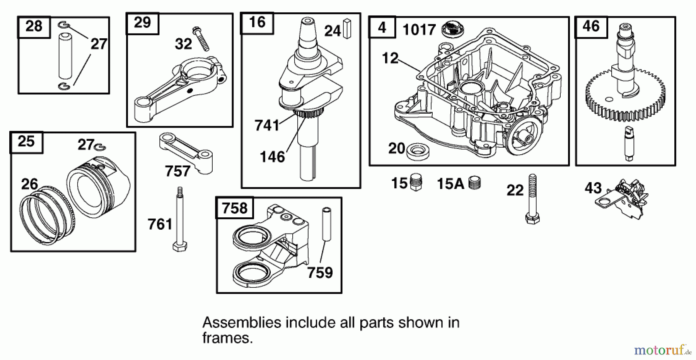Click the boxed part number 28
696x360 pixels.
coord(34,27)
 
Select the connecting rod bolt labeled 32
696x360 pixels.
coord(201,39)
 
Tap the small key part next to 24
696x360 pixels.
coord(346,29)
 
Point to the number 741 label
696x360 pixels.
coord(267,126)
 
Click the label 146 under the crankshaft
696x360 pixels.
coord(272,157)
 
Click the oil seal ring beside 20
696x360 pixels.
coord(418,151)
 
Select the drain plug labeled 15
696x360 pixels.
coord(416,182)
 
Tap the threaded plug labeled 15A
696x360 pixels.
coord(474,183)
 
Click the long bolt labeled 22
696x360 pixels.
coord(532,199)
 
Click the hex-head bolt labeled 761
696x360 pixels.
coord(180,220)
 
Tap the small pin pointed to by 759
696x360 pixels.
coord(327,224)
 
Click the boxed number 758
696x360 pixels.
coord(235,208)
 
